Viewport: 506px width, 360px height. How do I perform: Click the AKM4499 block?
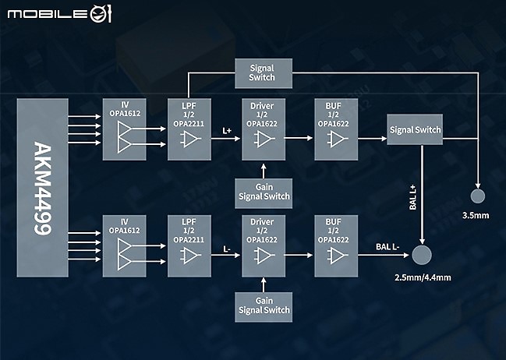pos(43,188)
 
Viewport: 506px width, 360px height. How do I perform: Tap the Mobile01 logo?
pos(60,13)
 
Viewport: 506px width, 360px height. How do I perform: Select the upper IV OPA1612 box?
pos(125,129)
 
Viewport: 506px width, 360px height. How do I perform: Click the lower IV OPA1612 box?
pos(125,245)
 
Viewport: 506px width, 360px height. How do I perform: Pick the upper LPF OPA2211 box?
pos(189,129)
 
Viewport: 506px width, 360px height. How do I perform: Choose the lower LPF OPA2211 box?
pos(189,245)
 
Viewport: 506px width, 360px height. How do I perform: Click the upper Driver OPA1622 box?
pos(264,129)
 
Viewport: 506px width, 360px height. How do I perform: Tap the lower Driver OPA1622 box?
pos(264,245)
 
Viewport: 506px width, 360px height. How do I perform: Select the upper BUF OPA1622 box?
pos(336,129)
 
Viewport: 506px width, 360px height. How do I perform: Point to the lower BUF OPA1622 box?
pos(336,245)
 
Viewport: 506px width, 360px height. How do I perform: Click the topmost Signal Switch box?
pos(264,73)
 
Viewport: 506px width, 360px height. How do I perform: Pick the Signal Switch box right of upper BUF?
pos(415,129)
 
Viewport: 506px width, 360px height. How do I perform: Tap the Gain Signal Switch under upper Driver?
pos(264,193)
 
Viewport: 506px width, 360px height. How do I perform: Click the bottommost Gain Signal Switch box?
pos(264,307)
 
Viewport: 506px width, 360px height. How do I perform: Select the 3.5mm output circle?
pos(478,196)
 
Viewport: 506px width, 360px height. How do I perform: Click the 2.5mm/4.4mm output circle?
pos(422,255)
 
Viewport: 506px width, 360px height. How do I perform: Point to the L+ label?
pos(227,131)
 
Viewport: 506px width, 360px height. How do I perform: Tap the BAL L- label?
pos(387,247)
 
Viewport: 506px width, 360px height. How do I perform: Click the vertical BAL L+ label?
pos(412,197)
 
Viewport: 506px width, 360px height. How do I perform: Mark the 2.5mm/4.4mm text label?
pos(423,277)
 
